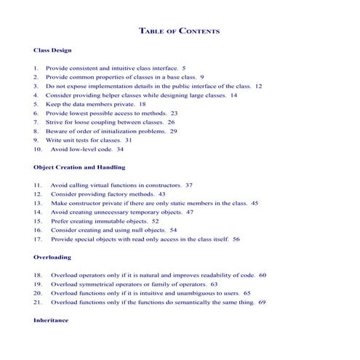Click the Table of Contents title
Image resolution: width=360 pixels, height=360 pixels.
pyautogui.click(x=179, y=31)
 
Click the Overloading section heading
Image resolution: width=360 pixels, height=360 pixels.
pyautogui.click(x=52, y=257)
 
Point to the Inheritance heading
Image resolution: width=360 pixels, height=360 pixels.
pyautogui.click(x=51, y=320)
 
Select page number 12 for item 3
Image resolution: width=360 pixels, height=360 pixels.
pyautogui.click(x=258, y=85)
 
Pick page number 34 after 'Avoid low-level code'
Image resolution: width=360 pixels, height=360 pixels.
pyautogui.click(x=120, y=148)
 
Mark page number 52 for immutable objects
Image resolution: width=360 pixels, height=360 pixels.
pyautogui.click(x=156, y=220)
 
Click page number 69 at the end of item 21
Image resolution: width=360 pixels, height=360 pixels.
pyautogui.click(x=262, y=302)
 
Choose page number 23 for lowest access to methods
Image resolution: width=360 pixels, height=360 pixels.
pyautogui.click(x=174, y=113)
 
